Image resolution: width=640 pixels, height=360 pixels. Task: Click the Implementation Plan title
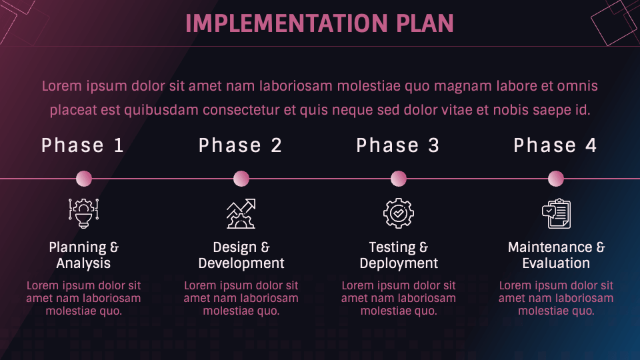coord(319,23)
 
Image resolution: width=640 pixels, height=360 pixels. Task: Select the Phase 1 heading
coord(83,145)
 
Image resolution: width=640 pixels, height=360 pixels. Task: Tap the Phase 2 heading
coord(240,145)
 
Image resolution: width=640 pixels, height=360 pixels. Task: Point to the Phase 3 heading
coord(397,145)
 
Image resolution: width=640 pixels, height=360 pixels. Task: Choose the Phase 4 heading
coord(555,145)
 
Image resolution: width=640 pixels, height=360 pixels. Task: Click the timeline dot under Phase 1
coord(84,179)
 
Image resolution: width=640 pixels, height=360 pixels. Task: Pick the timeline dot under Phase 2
coord(241,179)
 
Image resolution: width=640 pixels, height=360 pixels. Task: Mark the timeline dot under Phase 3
coord(399,179)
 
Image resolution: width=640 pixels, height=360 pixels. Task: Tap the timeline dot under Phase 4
coord(556,179)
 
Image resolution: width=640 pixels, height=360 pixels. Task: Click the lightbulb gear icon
coord(84,213)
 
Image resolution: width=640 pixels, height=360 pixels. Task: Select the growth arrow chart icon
coord(241,213)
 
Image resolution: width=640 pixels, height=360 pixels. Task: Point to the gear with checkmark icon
coord(399,213)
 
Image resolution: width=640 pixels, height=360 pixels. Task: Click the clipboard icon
coord(556,213)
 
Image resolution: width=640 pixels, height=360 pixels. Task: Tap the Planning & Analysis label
coord(84,255)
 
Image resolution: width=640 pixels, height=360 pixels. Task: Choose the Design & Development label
coord(241,255)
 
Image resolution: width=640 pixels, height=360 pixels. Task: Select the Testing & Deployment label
coord(399,255)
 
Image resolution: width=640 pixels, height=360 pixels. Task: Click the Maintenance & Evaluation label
coord(556,255)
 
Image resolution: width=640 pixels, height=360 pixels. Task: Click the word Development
coord(241,263)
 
